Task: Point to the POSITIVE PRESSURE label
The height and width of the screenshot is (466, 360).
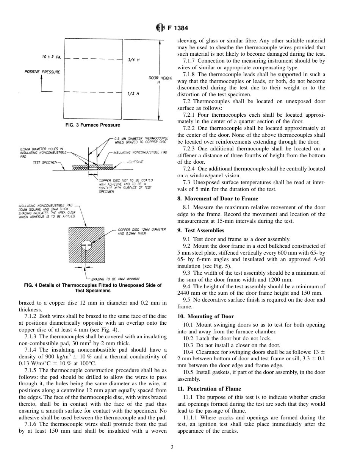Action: [x=42, y=72]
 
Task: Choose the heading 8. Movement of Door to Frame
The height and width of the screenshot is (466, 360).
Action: [x=218, y=199]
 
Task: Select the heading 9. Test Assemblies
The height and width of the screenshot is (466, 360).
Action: [x=200, y=230]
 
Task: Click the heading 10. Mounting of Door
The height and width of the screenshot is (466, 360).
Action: [x=205, y=316]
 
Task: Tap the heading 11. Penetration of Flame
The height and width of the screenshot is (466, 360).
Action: [x=209, y=389]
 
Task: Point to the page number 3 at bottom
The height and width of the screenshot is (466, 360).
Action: [x=172, y=447]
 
